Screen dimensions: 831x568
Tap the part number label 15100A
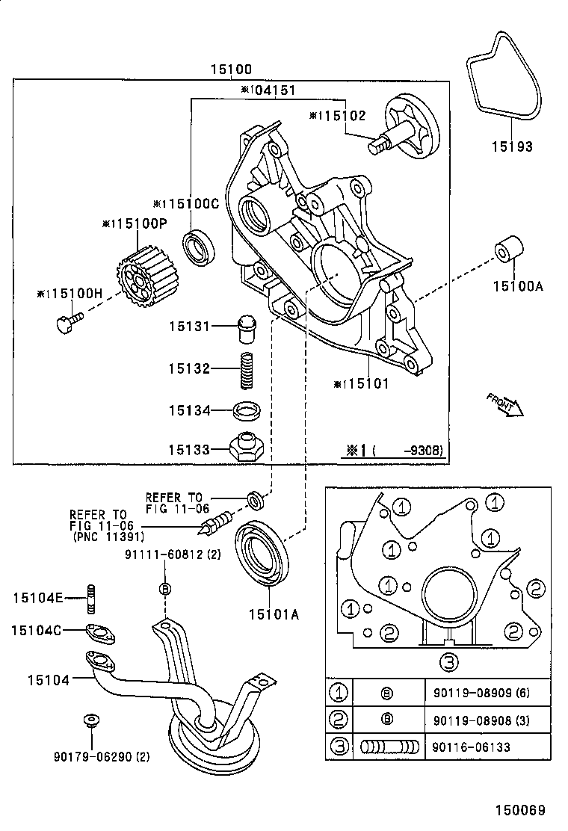[512, 285]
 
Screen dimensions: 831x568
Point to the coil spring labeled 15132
[247, 369]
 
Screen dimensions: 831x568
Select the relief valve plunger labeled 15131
[247, 327]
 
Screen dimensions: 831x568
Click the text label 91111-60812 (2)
[164, 554]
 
